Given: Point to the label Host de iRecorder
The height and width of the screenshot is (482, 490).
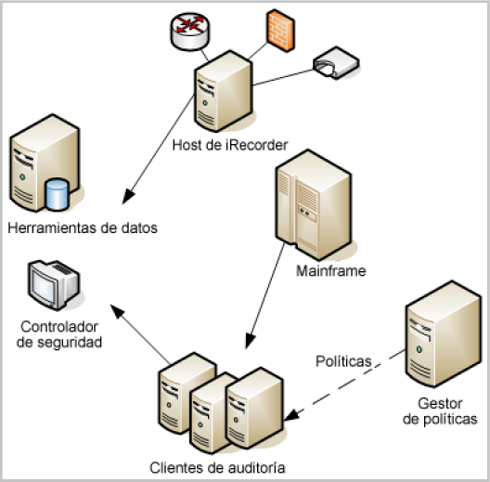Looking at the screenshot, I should click(x=230, y=145).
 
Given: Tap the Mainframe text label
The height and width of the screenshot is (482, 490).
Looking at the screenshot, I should click(x=331, y=271).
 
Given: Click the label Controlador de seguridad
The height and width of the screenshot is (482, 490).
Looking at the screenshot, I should click(x=59, y=334).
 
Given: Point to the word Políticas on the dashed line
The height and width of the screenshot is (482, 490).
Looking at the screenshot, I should click(x=342, y=359).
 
